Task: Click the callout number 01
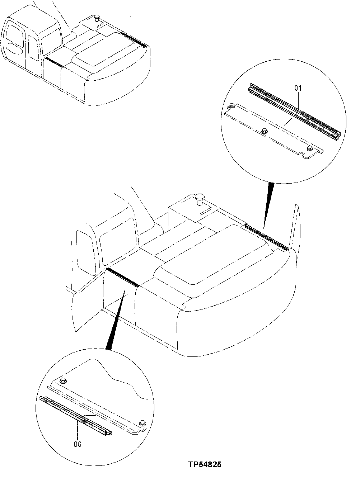298,87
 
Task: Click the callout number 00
78,444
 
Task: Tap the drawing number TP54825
204,465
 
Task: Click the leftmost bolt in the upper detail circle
231,106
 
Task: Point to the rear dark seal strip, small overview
134,39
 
